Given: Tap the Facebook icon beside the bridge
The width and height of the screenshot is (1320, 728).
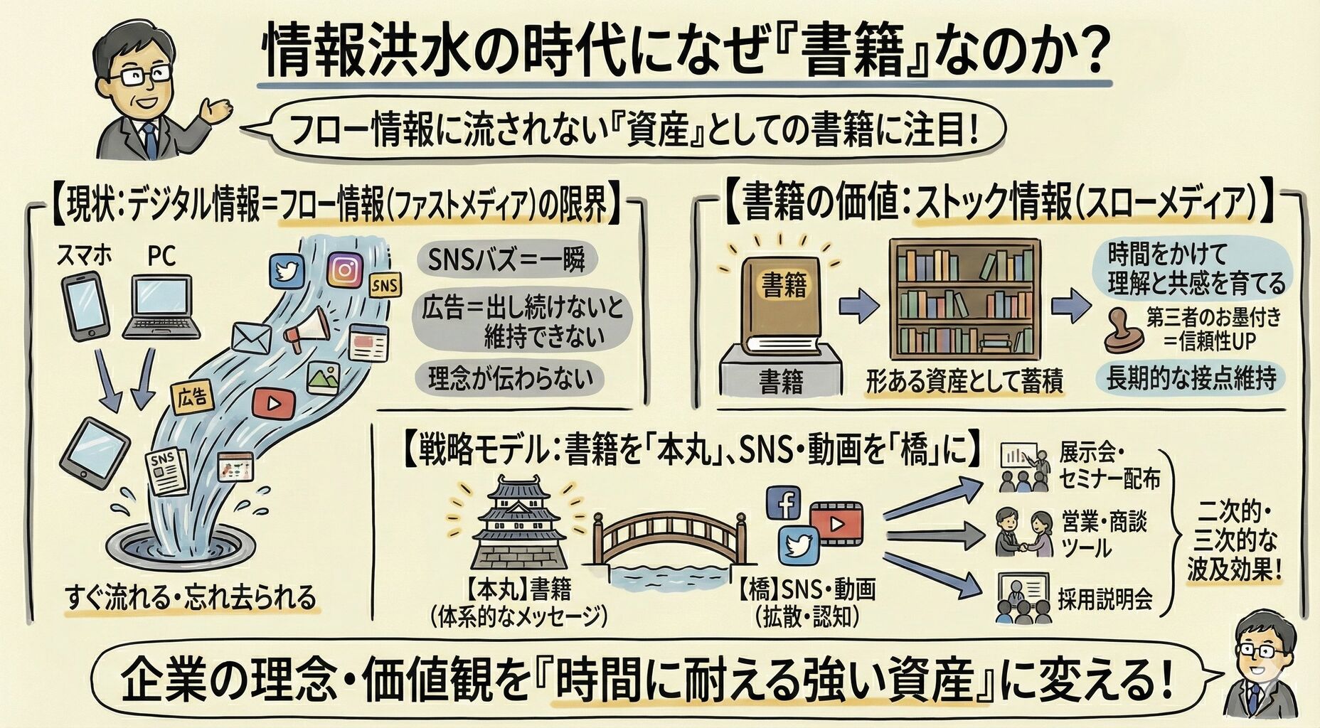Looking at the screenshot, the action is (784, 504).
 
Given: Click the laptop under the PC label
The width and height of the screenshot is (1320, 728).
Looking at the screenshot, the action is (162, 306).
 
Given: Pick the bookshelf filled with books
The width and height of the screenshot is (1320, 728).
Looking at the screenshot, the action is (965, 299).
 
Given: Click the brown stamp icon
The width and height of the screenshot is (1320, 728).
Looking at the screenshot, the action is (1123, 328).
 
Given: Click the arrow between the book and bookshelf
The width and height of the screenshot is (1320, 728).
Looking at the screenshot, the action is (860, 306).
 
